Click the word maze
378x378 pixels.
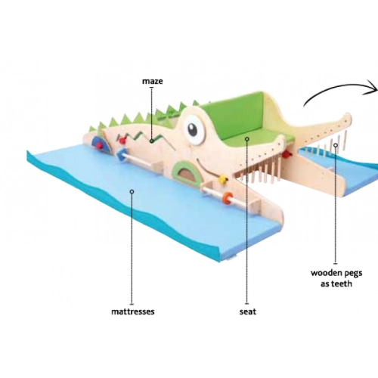pyautogui.click(x=153, y=82)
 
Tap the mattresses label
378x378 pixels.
pyautogui.click(x=133, y=311)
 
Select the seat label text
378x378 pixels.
pyautogui.click(x=248, y=311)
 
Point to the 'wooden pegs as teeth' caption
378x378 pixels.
pyautogui.click(x=336, y=278)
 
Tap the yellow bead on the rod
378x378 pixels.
pyautogui.click(x=222, y=180)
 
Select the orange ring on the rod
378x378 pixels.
pyautogui.click(x=228, y=197)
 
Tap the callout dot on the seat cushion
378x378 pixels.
pyautogui.click(x=247, y=139)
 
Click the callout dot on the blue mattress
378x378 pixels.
pyautogui.click(x=132, y=192)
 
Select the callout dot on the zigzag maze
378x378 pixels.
pyautogui.click(x=151, y=141)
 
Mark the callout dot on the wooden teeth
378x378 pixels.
pyautogui.click(x=336, y=145)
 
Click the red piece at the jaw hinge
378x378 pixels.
pyautogui.click(x=287, y=154)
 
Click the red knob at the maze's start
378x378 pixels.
pyautogui.click(x=122, y=141)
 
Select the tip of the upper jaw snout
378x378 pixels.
pyautogui.click(x=350, y=116)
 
